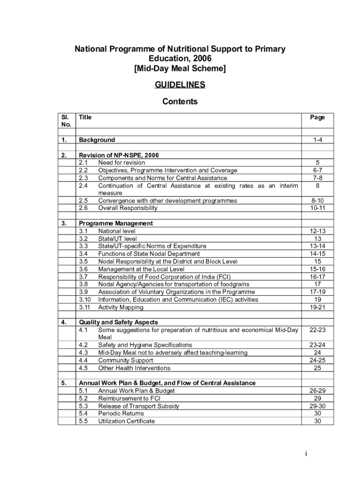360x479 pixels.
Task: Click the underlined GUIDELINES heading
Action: pos(180,85)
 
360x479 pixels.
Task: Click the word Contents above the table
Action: pos(180,102)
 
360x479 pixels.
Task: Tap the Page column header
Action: pos(317,117)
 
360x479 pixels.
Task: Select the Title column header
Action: pos(85,117)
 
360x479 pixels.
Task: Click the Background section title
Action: pos(97,140)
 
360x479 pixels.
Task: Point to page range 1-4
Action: pos(317,140)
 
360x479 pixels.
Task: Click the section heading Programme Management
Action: pos(115,224)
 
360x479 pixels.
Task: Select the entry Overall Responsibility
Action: pos(128,208)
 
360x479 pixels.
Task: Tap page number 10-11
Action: pos(317,208)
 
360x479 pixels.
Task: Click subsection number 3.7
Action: pos(84,277)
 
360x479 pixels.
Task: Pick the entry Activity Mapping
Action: pos(121,307)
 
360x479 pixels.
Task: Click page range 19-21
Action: pos(317,307)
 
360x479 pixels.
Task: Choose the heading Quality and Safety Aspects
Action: pos(118,322)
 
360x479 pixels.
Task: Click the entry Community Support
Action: pos(125,361)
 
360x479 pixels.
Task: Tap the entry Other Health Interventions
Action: pos(134,368)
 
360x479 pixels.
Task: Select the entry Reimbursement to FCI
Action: pos(129,399)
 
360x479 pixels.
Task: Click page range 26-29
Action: pos(317,391)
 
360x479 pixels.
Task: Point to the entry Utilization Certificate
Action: pos(126,421)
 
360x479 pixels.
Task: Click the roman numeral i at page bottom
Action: pos(305,453)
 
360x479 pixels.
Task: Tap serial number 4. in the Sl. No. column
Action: pos(64,322)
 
